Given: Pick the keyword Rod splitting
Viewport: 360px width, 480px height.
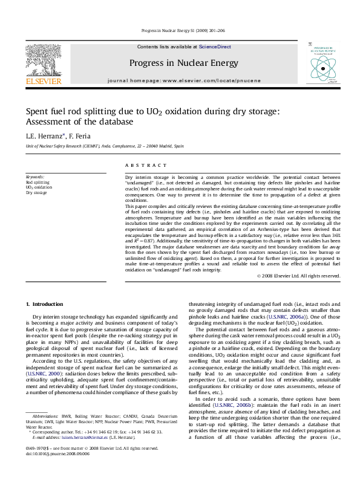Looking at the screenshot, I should coord(38,182).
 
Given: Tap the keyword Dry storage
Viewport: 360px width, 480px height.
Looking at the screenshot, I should coord(36,193).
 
